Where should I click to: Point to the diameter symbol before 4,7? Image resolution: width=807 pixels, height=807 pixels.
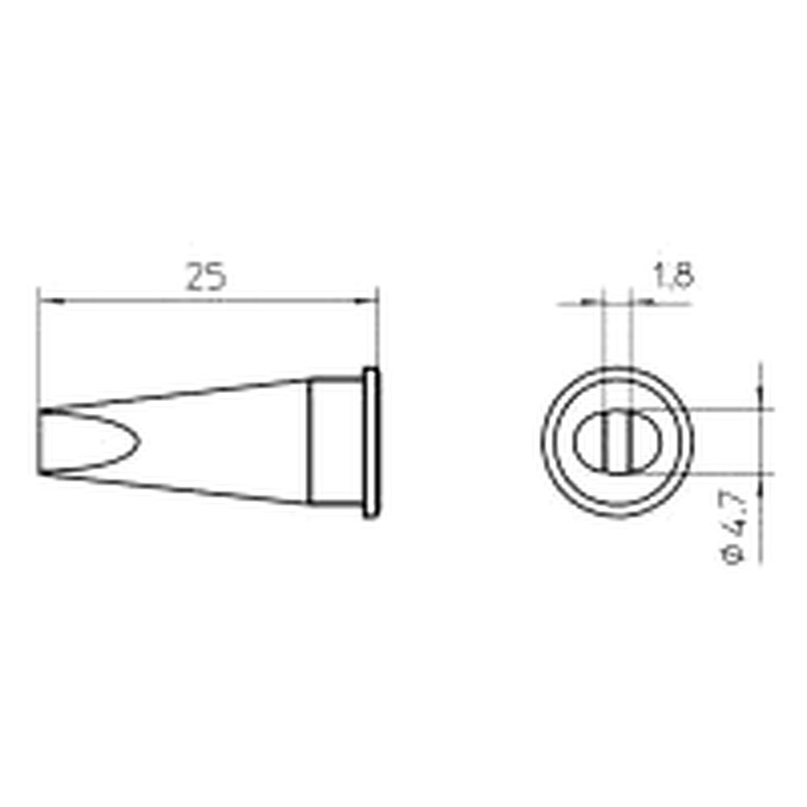click(734, 555)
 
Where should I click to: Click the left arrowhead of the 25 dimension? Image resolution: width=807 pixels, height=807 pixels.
click(47, 301)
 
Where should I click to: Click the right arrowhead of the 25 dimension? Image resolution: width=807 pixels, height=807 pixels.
click(370, 301)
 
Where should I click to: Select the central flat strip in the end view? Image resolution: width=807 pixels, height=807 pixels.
click(617, 441)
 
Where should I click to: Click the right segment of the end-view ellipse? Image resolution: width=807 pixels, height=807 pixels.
click(646, 442)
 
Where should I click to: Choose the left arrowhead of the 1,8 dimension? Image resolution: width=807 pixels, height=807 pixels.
click(596, 303)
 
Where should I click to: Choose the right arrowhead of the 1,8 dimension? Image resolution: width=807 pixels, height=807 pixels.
click(638, 303)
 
